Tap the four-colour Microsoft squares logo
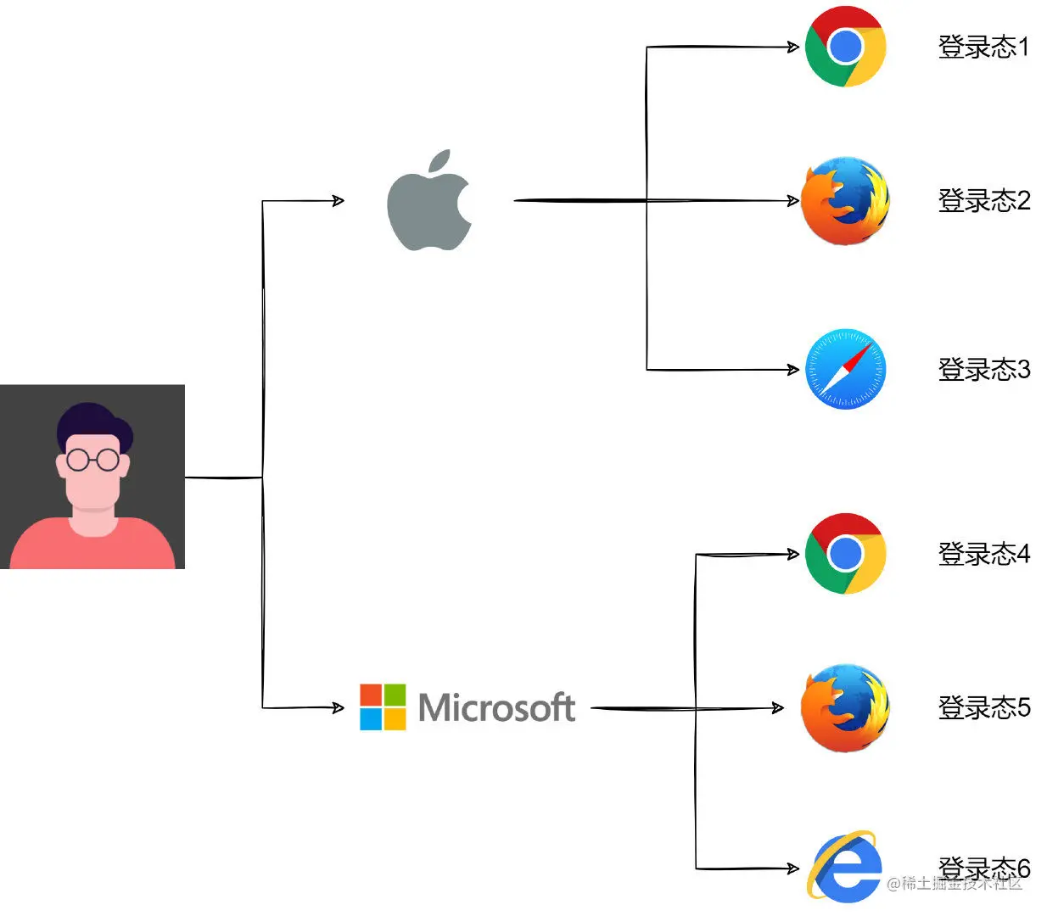click(383, 707)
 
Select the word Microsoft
click(497, 707)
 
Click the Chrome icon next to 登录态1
click(845, 47)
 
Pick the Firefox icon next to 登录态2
click(845, 201)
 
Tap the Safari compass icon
click(845, 370)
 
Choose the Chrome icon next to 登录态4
click(845, 554)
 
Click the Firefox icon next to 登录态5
click(845, 708)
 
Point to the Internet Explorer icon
click(843, 867)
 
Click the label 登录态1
click(983, 47)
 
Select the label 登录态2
click(983, 201)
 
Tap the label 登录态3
click(983, 370)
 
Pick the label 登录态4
click(983, 554)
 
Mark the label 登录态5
click(983, 707)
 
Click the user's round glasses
click(92, 460)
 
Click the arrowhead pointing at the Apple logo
click(339, 201)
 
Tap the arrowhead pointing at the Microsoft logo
click(339, 707)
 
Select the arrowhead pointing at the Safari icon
click(793, 370)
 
